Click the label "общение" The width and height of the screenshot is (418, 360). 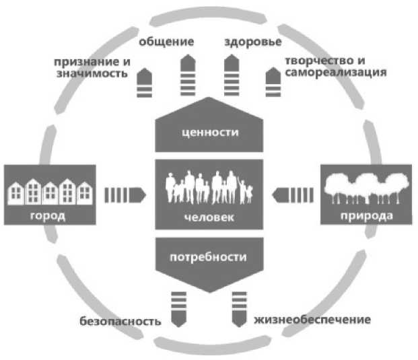pyautogui.click(x=167, y=42)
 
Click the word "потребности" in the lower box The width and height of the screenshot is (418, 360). pyautogui.click(x=208, y=256)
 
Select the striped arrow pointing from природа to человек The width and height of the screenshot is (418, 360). pyautogui.click(x=291, y=195)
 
